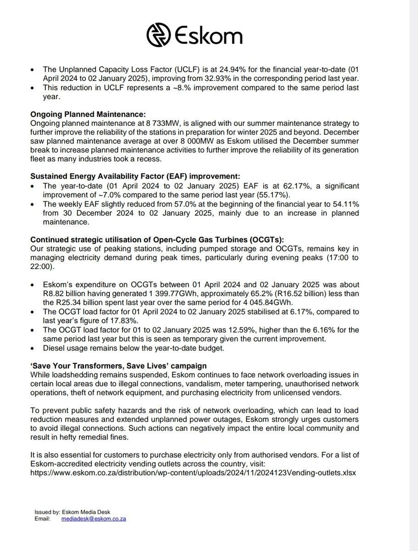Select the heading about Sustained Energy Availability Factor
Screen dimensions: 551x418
[139, 175]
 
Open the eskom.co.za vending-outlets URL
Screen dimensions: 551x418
[193, 472]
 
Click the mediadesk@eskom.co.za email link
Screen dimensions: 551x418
[94, 518]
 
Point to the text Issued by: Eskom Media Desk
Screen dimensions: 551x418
[70, 512]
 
